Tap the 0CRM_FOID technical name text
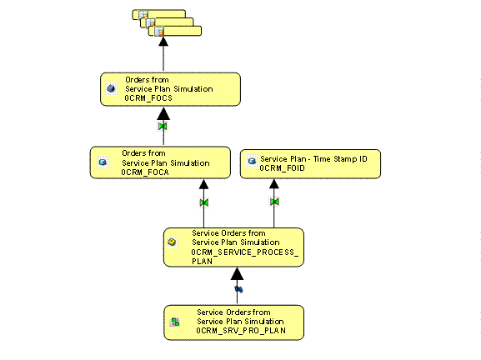(x=282, y=167)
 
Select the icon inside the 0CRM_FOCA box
(x=103, y=162)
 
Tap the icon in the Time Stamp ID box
(x=253, y=158)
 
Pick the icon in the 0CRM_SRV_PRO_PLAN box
(x=175, y=322)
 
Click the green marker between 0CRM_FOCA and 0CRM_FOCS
(x=163, y=127)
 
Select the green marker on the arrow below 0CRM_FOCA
(x=203, y=202)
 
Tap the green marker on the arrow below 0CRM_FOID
(x=274, y=202)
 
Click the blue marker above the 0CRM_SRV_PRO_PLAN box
(x=238, y=288)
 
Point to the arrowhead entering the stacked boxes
(x=163, y=40)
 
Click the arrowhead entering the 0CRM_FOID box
(x=274, y=182)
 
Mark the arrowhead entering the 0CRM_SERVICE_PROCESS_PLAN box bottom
(x=238, y=272)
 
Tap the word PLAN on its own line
(x=202, y=261)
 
